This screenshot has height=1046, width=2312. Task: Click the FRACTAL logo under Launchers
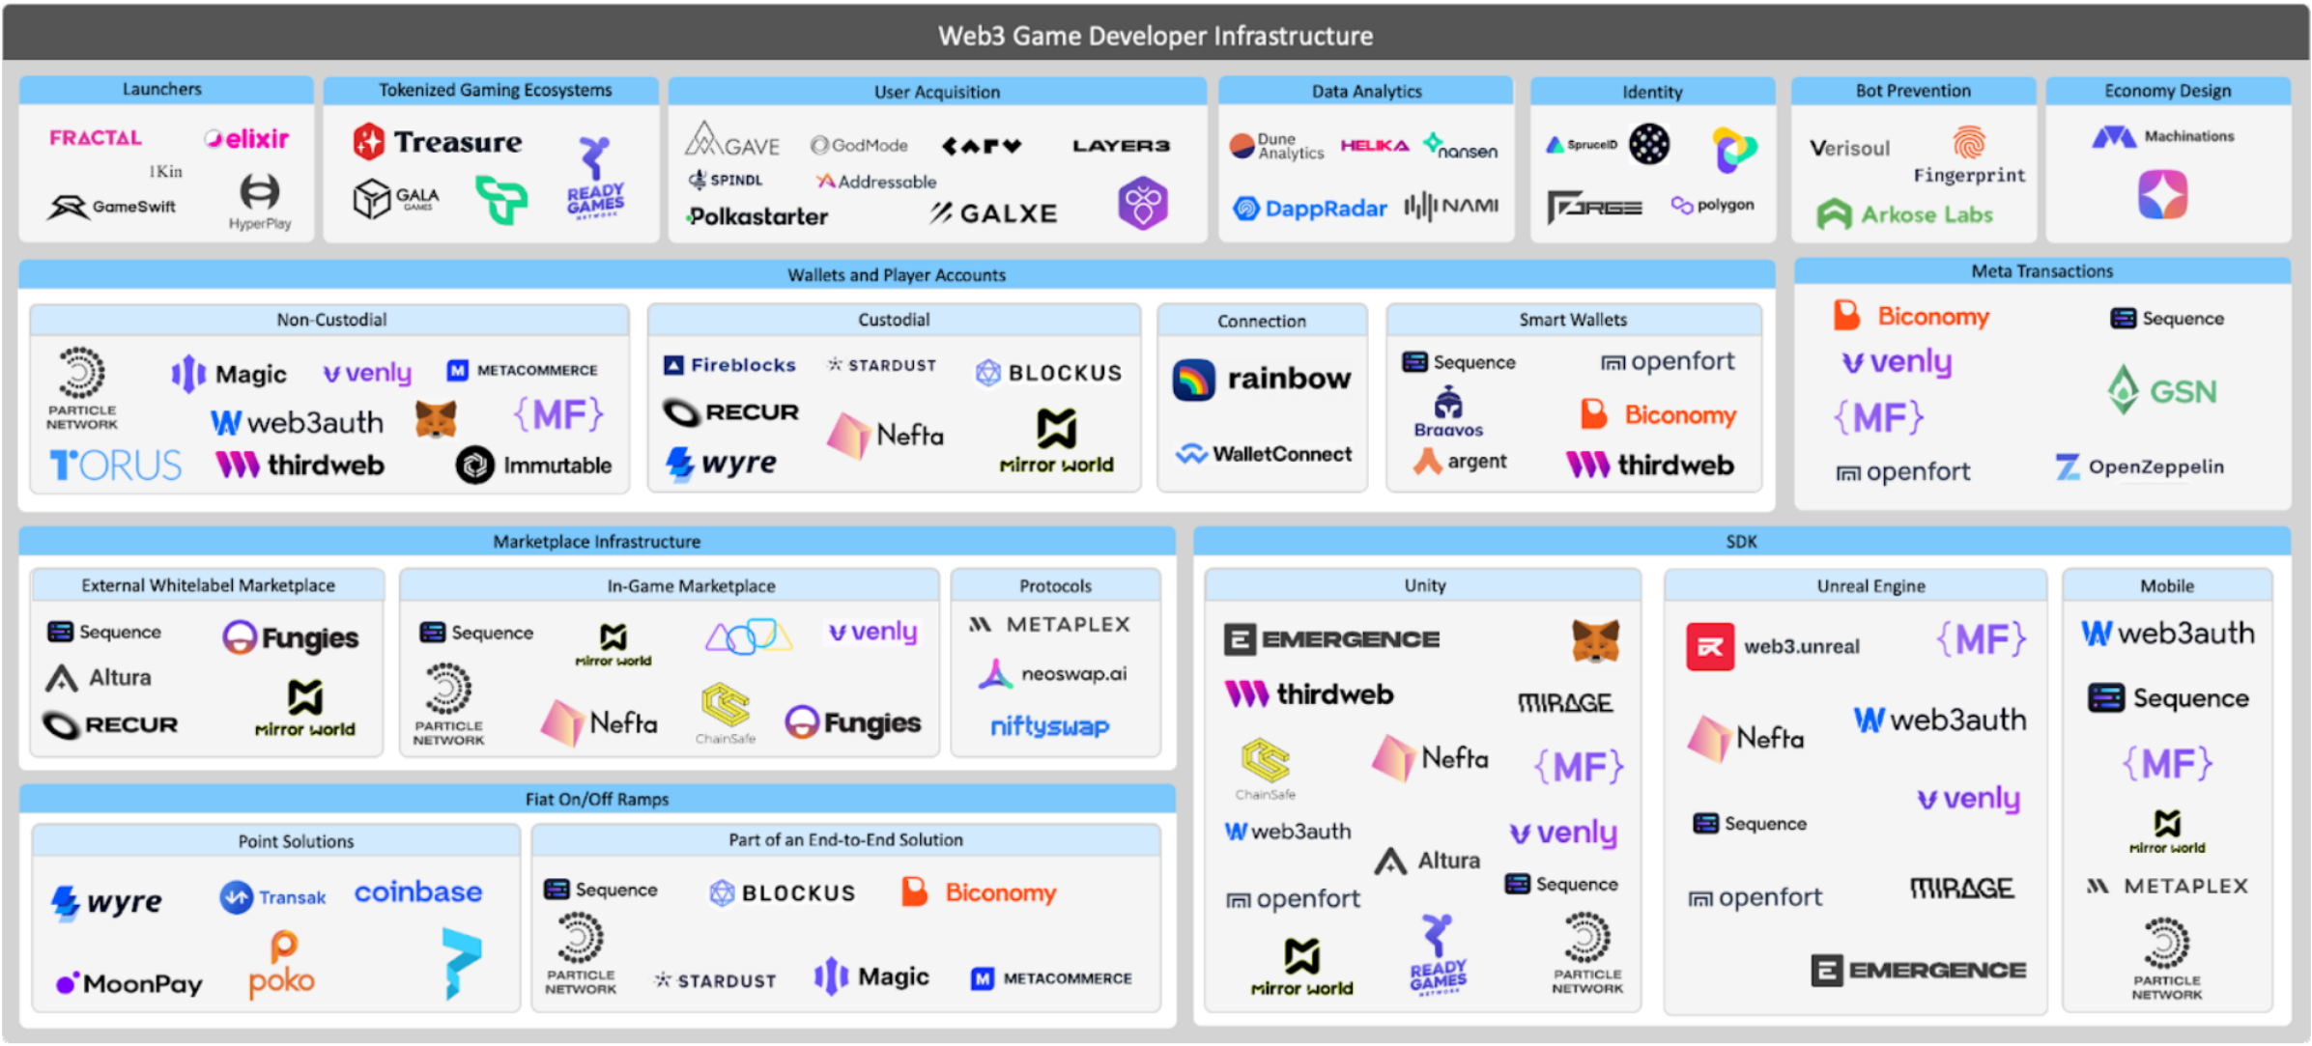[96, 138]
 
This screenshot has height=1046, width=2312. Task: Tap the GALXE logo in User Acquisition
[994, 213]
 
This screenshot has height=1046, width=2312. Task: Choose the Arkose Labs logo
[1905, 214]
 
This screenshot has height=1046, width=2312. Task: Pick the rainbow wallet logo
[1262, 379]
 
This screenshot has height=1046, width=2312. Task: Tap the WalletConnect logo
[1264, 454]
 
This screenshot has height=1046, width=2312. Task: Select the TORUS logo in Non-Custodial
[116, 466]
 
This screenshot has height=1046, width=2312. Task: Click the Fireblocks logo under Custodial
[729, 365]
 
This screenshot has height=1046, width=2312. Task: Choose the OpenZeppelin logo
[2139, 467]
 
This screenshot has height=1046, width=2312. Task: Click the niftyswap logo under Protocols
[1049, 726]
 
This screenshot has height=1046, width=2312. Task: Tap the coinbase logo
[417, 891]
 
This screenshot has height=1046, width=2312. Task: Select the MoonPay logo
[129, 983]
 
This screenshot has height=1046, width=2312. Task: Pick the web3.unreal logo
[1774, 646]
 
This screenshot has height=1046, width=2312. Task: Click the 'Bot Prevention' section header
[1912, 91]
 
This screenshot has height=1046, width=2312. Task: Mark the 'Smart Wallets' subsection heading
[1572, 320]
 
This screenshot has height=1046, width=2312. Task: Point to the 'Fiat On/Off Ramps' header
[596, 799]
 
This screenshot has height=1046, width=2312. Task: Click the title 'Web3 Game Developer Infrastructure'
[1155, 36]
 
